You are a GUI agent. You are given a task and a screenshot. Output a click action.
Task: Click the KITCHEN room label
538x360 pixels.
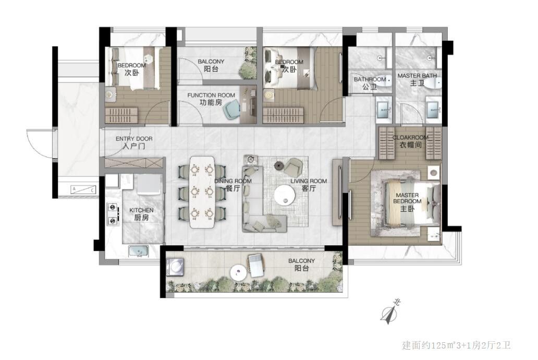point(141,214)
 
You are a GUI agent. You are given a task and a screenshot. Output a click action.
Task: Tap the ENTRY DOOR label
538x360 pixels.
point(134,142)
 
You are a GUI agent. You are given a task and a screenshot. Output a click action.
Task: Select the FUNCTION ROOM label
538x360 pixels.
point(211,99)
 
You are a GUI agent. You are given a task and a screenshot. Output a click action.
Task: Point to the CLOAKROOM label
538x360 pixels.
point(410,141)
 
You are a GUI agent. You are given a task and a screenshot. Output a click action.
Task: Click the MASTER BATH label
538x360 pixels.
point(417,79)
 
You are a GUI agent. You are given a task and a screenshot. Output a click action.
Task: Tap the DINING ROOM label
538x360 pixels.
point(233,185)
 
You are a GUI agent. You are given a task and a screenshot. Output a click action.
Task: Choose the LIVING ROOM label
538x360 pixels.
point(309,185)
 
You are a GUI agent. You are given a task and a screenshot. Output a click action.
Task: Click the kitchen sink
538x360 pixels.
point(139,251)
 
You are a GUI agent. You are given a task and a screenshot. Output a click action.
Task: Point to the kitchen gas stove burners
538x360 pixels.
point(113,214)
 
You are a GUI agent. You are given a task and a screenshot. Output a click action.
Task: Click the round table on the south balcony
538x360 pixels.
point(239,273)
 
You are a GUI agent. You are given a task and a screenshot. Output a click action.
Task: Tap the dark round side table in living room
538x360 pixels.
point(278,165)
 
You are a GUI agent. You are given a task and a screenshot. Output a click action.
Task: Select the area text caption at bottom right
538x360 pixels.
point(456,345)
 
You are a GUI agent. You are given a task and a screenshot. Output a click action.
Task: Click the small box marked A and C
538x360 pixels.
point(83,189)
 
